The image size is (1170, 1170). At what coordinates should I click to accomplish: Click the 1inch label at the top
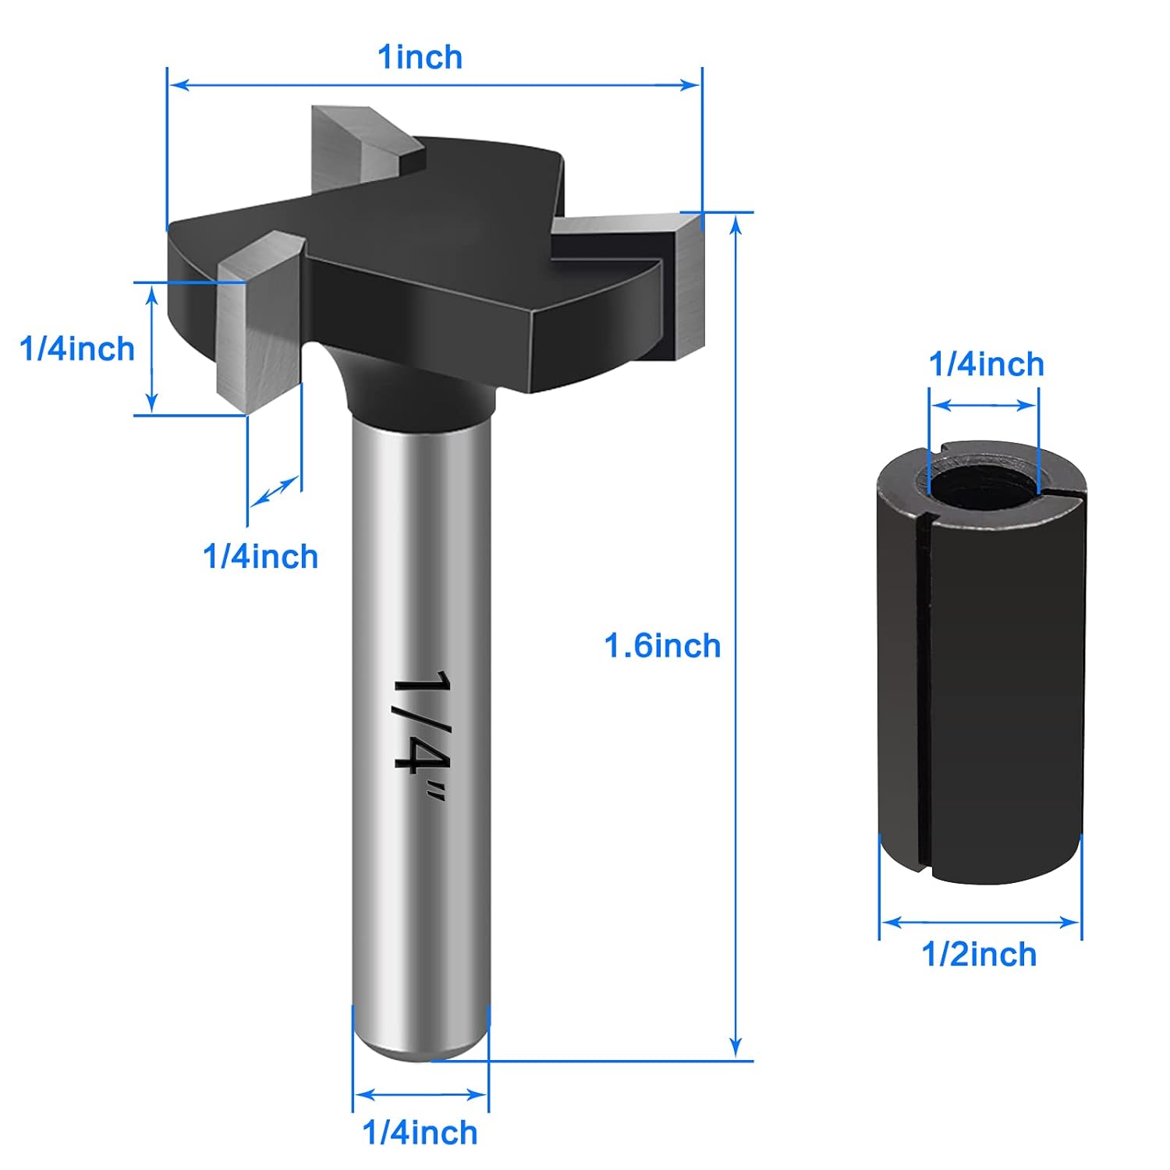(420, 58)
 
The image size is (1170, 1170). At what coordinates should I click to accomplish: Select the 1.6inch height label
(662, 646)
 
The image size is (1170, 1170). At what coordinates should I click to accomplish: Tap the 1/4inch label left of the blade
(77, 349)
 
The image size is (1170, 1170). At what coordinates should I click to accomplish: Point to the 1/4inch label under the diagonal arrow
(261, 557)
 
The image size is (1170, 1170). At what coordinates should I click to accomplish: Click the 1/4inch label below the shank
(420, 1133)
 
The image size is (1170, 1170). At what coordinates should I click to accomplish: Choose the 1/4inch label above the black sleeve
(986, 364)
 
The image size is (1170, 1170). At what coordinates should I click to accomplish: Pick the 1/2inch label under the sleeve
(979, 954)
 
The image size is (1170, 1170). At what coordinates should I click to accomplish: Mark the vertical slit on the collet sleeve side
(924, 686)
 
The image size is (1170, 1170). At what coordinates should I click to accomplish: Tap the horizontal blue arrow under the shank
(420, 1094)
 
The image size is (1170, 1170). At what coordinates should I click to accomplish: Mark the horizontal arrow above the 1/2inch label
(980, 923)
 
